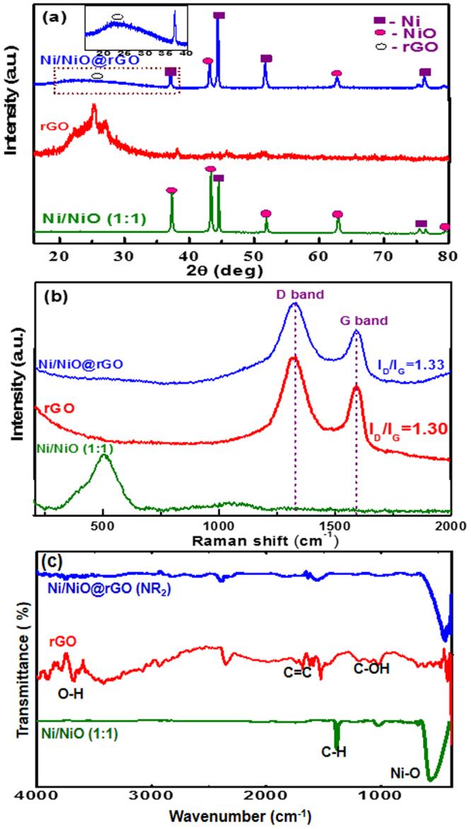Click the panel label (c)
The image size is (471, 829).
[x=50, y=561]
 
